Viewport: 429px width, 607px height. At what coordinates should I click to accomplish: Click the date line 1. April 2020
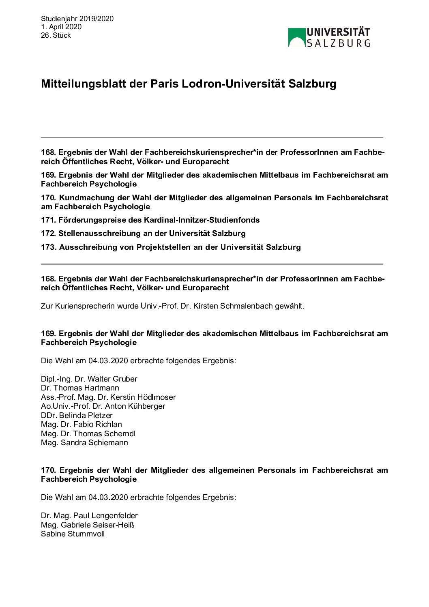61,27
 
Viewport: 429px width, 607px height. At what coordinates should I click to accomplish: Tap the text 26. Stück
56,35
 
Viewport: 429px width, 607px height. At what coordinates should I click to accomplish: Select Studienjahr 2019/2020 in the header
77,19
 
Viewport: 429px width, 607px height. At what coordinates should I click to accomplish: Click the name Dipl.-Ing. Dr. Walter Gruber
89,379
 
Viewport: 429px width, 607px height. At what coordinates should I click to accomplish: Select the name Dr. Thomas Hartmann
80,388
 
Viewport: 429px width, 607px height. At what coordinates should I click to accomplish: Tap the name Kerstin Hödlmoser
143,397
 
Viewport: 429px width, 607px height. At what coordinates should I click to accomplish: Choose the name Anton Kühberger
135,406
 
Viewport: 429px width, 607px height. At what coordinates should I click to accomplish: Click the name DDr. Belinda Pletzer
77,415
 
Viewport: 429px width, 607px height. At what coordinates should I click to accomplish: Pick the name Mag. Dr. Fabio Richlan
82,425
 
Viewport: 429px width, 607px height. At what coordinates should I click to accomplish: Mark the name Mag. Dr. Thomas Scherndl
88,433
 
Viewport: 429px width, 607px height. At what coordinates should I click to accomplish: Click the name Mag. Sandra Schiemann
84,443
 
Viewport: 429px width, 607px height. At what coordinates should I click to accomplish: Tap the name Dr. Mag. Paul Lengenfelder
89,516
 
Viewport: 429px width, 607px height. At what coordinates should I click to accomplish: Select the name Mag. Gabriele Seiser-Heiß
88,525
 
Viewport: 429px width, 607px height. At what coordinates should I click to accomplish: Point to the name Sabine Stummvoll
73,534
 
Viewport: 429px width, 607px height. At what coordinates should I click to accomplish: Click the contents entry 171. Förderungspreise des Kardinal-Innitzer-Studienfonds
150,220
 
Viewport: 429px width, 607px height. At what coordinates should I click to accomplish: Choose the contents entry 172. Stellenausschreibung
143,234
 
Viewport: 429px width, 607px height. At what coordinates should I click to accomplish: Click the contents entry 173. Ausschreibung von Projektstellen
171,247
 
